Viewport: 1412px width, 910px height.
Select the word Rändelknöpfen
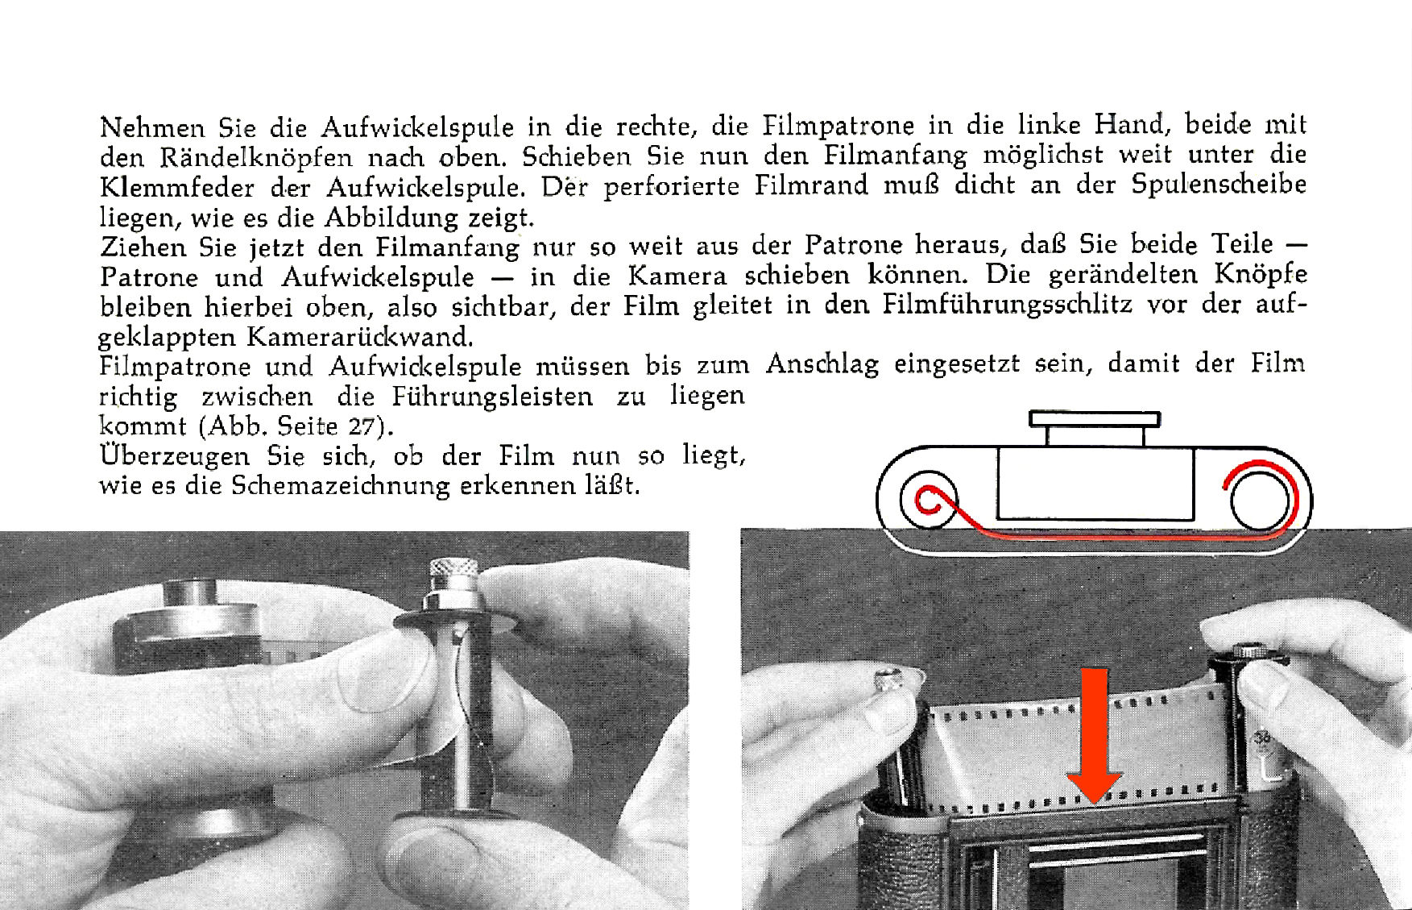tap(256, 157)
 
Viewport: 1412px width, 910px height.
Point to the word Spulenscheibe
tap(1219, 185)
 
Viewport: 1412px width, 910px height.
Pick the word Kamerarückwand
tap(359, 336)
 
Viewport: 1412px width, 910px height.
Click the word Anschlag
tap(822, 364)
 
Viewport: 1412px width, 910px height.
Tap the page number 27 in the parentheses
tap(362, 426)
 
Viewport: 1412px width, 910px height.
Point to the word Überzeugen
tap(175, 455)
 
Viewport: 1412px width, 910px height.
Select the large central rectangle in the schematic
tap(1095, 484)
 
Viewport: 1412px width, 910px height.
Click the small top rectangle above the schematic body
tap(1095, 419)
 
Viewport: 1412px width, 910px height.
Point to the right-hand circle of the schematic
tap(1261, 500)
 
